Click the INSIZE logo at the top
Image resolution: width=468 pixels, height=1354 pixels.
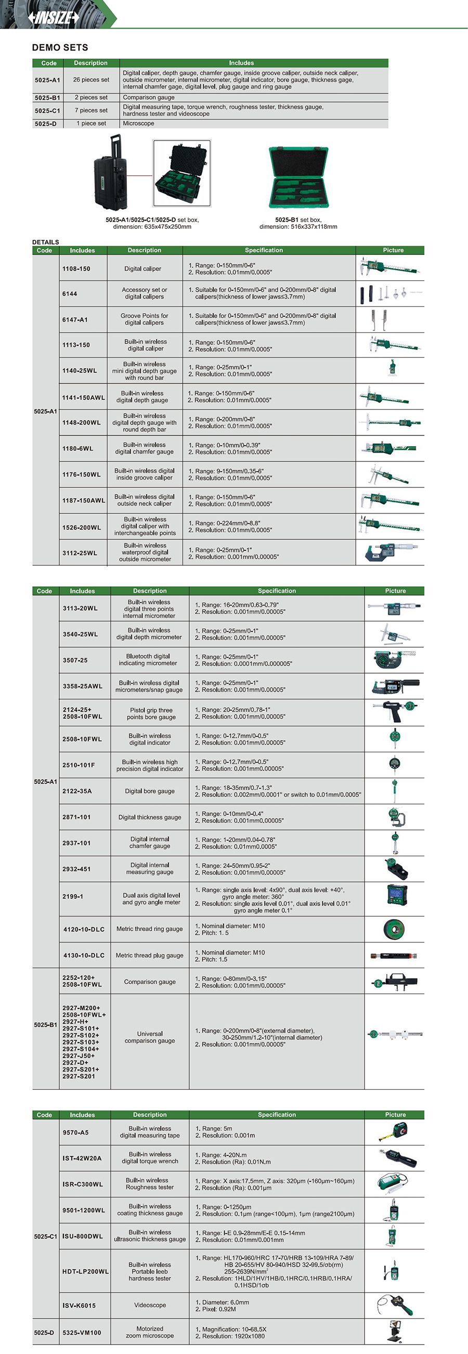click(54, 17)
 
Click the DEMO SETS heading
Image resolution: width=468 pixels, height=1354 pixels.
click(60, 47)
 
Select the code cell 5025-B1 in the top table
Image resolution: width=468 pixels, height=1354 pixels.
click(48, 98)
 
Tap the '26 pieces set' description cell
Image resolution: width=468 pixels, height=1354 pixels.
click(91, 80)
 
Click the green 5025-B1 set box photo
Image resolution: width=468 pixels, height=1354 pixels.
click(298, 178)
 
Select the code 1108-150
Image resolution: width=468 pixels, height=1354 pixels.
click(76, 268)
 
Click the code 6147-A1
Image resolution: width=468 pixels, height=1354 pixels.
click(75, 319)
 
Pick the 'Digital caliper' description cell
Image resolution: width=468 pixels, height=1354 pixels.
click(143, 268)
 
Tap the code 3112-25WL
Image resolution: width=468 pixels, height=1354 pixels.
click(80, 553)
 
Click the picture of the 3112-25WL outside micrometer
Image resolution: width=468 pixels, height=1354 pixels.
click(389, 552)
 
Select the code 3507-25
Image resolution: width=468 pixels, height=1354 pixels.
click(75, 660)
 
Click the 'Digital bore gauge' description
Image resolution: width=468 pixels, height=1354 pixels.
click(150, 791)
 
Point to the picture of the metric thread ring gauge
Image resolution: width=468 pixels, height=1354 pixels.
click(394, 930)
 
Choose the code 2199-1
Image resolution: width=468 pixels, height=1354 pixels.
click(73, 897)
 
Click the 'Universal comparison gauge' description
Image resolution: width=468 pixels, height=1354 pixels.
click(150, 1037)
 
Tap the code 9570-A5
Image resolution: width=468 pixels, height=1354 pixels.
click(75, 1133)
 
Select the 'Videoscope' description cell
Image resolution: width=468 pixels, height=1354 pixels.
click(150, 1305)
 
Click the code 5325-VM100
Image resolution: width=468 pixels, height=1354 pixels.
click(82, 1333)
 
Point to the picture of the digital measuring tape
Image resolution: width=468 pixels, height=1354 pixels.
click(394, 1132)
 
